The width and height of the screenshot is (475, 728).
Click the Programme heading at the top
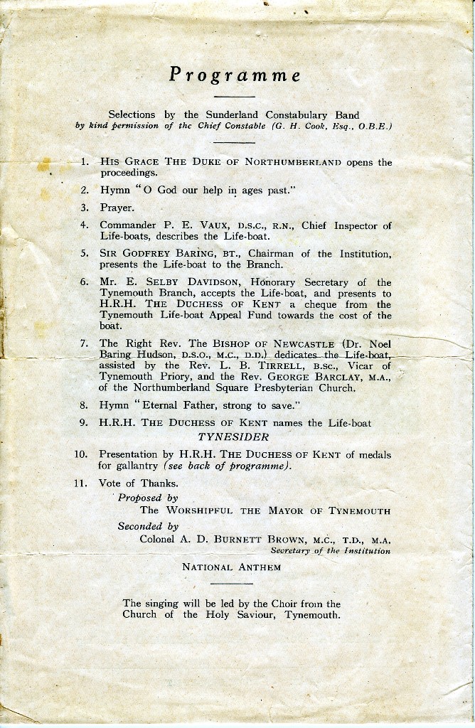[235, 75]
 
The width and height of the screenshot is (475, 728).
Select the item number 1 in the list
[84, 162]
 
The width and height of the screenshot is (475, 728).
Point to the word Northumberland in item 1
[293, 162]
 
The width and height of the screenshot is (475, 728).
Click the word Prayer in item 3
[117, 208]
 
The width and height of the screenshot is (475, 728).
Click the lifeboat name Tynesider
[233, 437]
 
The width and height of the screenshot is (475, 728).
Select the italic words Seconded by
[148, 527]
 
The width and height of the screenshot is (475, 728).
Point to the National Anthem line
[231, 567]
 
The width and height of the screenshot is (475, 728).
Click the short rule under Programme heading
[234, 96]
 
